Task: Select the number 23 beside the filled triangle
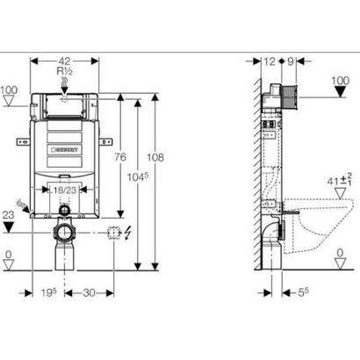coord(9,212)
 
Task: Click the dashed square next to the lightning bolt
coord(111,234)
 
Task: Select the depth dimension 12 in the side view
coord(269,61)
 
